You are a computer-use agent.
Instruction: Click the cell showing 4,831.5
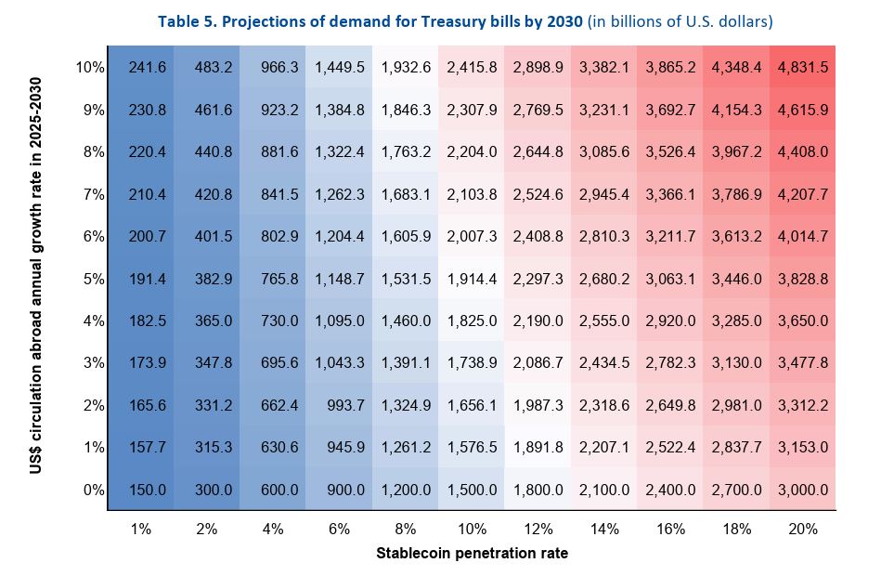pyautogui.click(x=803, y=67)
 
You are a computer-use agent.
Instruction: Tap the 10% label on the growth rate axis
pyautogui.click(x=91, y=67)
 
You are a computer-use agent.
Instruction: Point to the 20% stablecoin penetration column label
pyautogui.click(x=803, y=529)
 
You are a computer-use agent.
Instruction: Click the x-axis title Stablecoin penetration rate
pyautogui.click(x=472, y=553)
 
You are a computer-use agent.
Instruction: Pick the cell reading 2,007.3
pyautogui.click(x=472, y=236)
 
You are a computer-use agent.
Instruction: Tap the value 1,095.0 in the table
pyautogui.click(x=339, y=321)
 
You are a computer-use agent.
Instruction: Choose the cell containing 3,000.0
pyautogui.click(x=803, y=490)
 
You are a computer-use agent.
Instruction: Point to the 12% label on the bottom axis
pyautogui.click(x=538, y=529)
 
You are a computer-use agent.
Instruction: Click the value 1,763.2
pyautogui.click(x=406, y=151)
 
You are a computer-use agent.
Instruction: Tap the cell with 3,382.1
pyautogui.click(x=604, y=67)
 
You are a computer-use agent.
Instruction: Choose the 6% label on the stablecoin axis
pyautogui.click(x=339, y=529)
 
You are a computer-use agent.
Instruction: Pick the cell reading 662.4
pyautogui.click(x=273, y=405)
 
